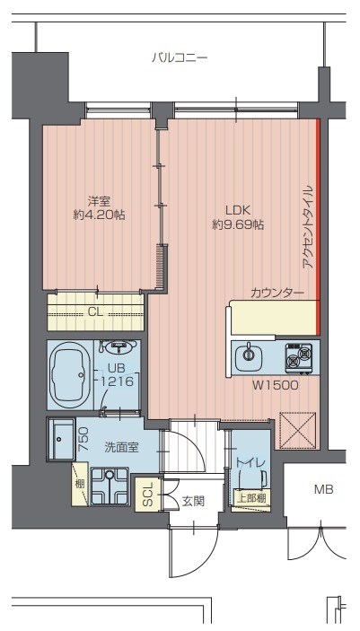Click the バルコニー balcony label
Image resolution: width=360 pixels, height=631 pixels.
pos(180,58)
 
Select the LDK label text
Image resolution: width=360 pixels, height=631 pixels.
pos(238,210)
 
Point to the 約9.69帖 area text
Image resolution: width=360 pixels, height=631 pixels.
pos(238,225)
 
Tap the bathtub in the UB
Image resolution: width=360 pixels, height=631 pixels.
pos(70,374)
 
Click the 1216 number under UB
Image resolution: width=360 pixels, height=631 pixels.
pos(118,381)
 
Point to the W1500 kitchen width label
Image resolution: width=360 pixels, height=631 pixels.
pos(276,386)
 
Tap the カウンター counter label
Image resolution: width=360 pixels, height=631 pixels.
pos(277,293)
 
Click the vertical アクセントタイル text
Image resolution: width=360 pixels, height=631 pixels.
pos(307,226)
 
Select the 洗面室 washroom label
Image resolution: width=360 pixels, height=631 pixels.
pos(121,448)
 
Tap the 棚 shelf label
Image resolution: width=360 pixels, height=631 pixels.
pos(80,484)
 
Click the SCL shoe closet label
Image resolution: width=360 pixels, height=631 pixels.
pos(147,495)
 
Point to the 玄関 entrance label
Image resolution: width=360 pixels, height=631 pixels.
pos(193,501)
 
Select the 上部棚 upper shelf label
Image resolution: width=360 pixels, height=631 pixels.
pos(250,498)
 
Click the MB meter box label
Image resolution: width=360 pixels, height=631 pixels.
pos(324,490)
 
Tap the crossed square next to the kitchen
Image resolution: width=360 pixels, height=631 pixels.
pos(298,430)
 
